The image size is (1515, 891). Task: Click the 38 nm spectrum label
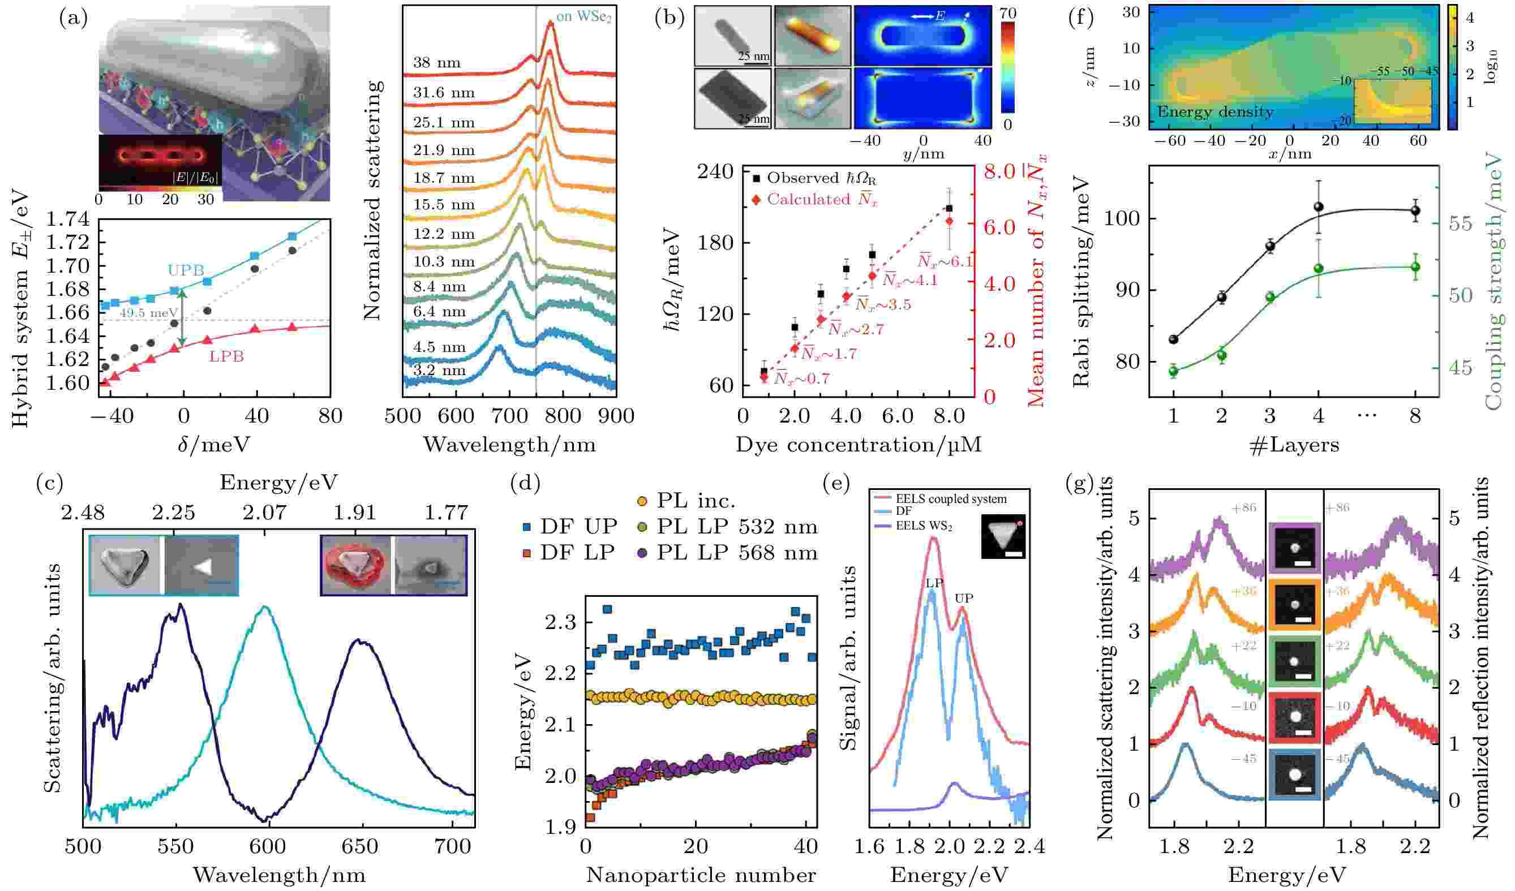click(x=436, y=62)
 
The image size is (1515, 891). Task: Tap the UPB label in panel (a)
click(x=186, y=270)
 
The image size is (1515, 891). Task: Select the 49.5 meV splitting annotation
click(x=148, y=313)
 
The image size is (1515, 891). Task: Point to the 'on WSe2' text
click(x=583, y=17)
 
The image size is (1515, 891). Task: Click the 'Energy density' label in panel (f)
click(x=1215, y=112)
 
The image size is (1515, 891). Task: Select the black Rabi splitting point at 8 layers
click(x=1415, y=211)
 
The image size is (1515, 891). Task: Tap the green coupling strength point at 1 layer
click(x=1173, y=371)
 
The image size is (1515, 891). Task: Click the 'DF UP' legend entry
click(x=569, y=526)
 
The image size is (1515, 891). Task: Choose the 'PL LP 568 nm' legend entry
click(x=727, y=553)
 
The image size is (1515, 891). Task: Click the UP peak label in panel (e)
click(x=964, y=599)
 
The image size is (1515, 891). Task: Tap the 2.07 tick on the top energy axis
click(x=265, y=513)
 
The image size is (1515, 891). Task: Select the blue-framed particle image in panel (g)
click(x=1295, y=774)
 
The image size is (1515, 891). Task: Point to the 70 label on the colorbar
click(x=1007, y=14)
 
